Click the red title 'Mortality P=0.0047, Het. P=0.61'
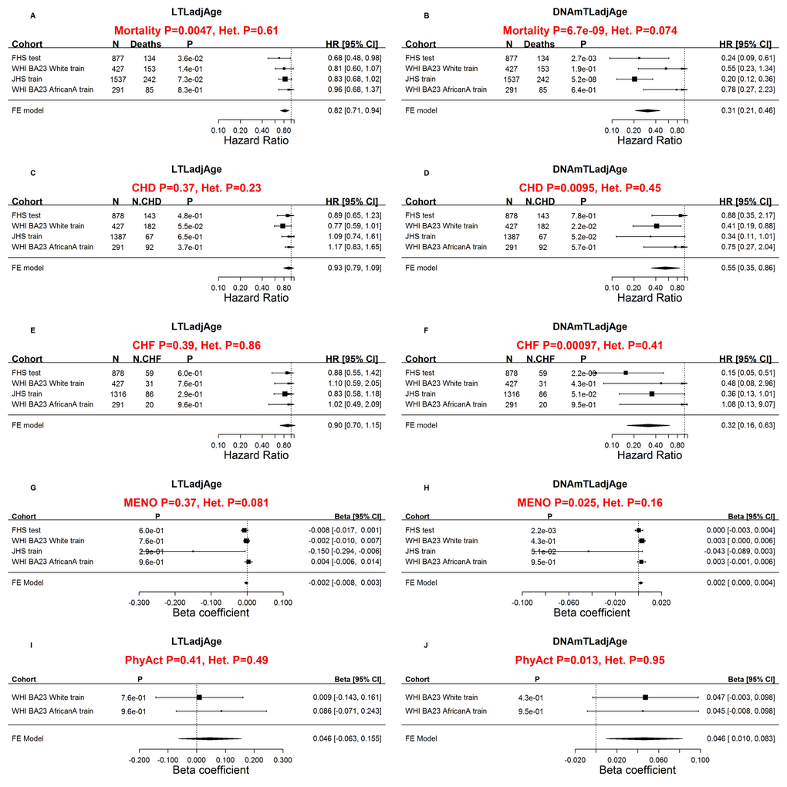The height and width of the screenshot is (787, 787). tap(196, 31)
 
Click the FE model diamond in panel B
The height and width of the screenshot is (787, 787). tap(647, 110)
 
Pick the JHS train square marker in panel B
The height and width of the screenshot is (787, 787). tap(634, 79)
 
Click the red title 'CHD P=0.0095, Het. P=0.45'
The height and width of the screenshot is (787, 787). tap(589, 187)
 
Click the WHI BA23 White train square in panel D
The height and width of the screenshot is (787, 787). tap(657, 225)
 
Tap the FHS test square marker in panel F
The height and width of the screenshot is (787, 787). tap(626, 373)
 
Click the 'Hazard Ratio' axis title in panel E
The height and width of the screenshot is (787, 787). tap(256, 455)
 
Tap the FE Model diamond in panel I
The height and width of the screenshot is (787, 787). tap(210, 738)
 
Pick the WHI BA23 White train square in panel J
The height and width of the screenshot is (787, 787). tap(645, 697)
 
